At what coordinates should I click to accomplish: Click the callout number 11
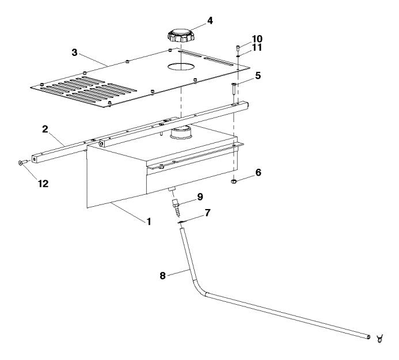point(257,48)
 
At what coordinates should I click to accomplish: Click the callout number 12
point(27,184)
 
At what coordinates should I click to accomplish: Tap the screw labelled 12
point(21,164)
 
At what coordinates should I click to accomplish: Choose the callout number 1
point(149,221)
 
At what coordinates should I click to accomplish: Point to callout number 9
point(200,196)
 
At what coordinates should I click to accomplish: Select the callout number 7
point(207,214)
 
